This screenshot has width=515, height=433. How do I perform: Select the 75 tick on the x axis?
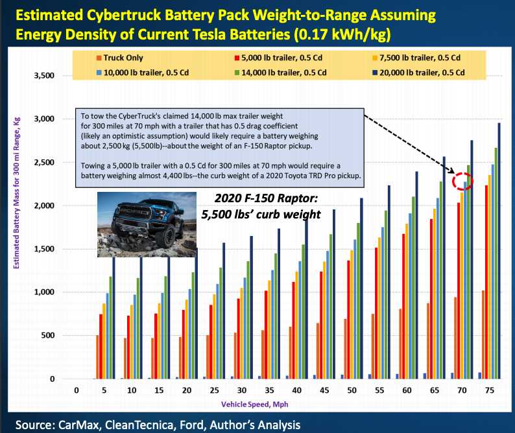point(492,391)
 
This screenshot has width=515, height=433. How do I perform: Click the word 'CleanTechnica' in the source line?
point(150,425)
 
